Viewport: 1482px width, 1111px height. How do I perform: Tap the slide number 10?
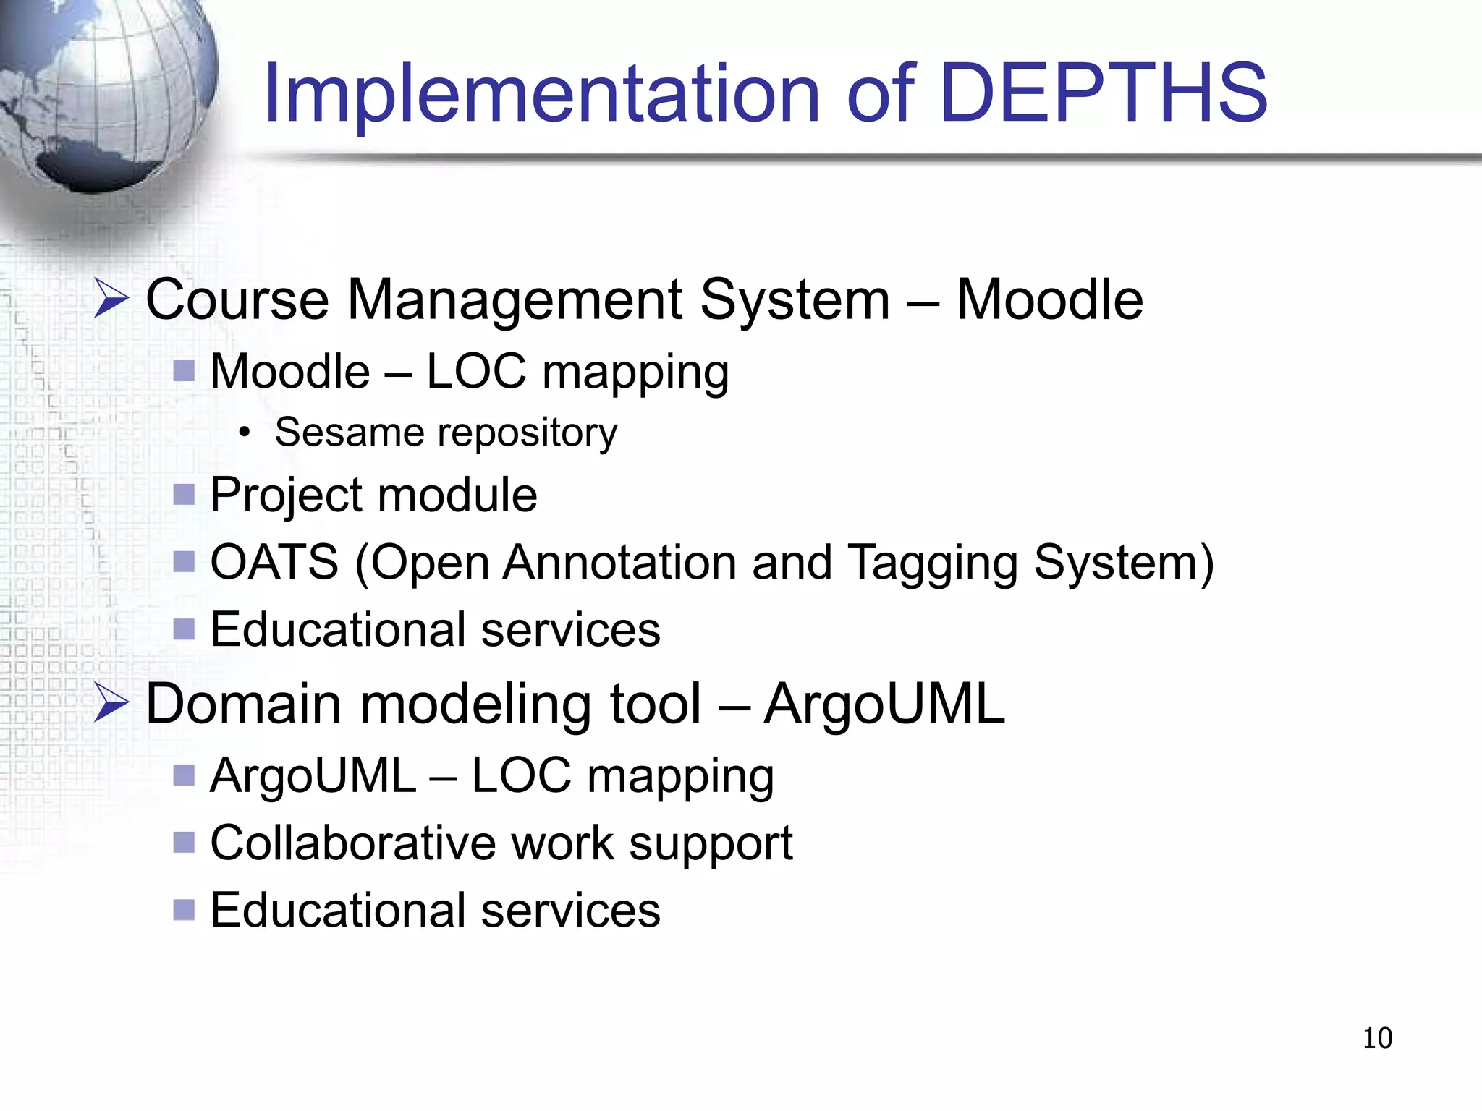tap(1376, 1038)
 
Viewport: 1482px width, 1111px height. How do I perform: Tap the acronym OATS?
tap(274, 562)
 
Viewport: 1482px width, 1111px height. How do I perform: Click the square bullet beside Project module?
tap(185, 495)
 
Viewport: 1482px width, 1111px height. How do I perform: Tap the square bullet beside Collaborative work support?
tap(185, 842)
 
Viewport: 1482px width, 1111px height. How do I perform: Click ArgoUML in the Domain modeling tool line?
tap(884, 703)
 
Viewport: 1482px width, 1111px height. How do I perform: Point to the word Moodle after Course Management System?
tap(1049, 299)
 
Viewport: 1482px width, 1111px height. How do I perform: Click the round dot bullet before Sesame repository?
tap(245, 433)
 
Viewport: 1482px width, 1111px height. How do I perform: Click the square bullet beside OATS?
tap(185, 561)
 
